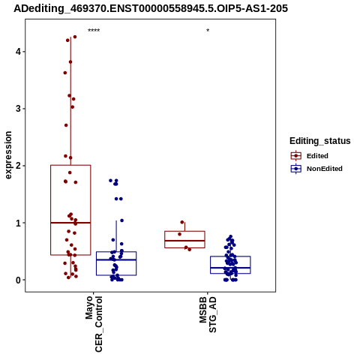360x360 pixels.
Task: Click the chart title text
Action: [x=151, y=9]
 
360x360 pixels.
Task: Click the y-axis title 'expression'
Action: [x=8, y=155]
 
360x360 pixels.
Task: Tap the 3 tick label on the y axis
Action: [x=18, y=109]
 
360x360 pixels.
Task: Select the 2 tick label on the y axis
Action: [x=18, y=166]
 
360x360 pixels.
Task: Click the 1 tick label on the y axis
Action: [x=18, y=223]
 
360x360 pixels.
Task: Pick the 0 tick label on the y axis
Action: [x=18, y=280]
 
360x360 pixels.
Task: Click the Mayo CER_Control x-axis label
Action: [x=94, y=324]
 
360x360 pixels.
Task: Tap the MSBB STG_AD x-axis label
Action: [x=208, y=314]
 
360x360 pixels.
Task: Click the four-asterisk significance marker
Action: [x=94, y=31]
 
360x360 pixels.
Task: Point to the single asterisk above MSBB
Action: [x=208, y=31]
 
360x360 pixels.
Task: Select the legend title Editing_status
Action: [x=319, y=141]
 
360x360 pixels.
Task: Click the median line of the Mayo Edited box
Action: [x=70, y=223]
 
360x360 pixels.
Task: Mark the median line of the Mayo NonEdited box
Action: [x=116, y=259]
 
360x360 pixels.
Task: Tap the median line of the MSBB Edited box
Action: [x=184, y=241]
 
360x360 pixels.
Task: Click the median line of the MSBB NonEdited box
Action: [x=230, y=268]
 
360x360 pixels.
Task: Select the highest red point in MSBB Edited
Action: [x=182, y=222]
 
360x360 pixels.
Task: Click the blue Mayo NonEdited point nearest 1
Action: [x=121, y=220]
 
